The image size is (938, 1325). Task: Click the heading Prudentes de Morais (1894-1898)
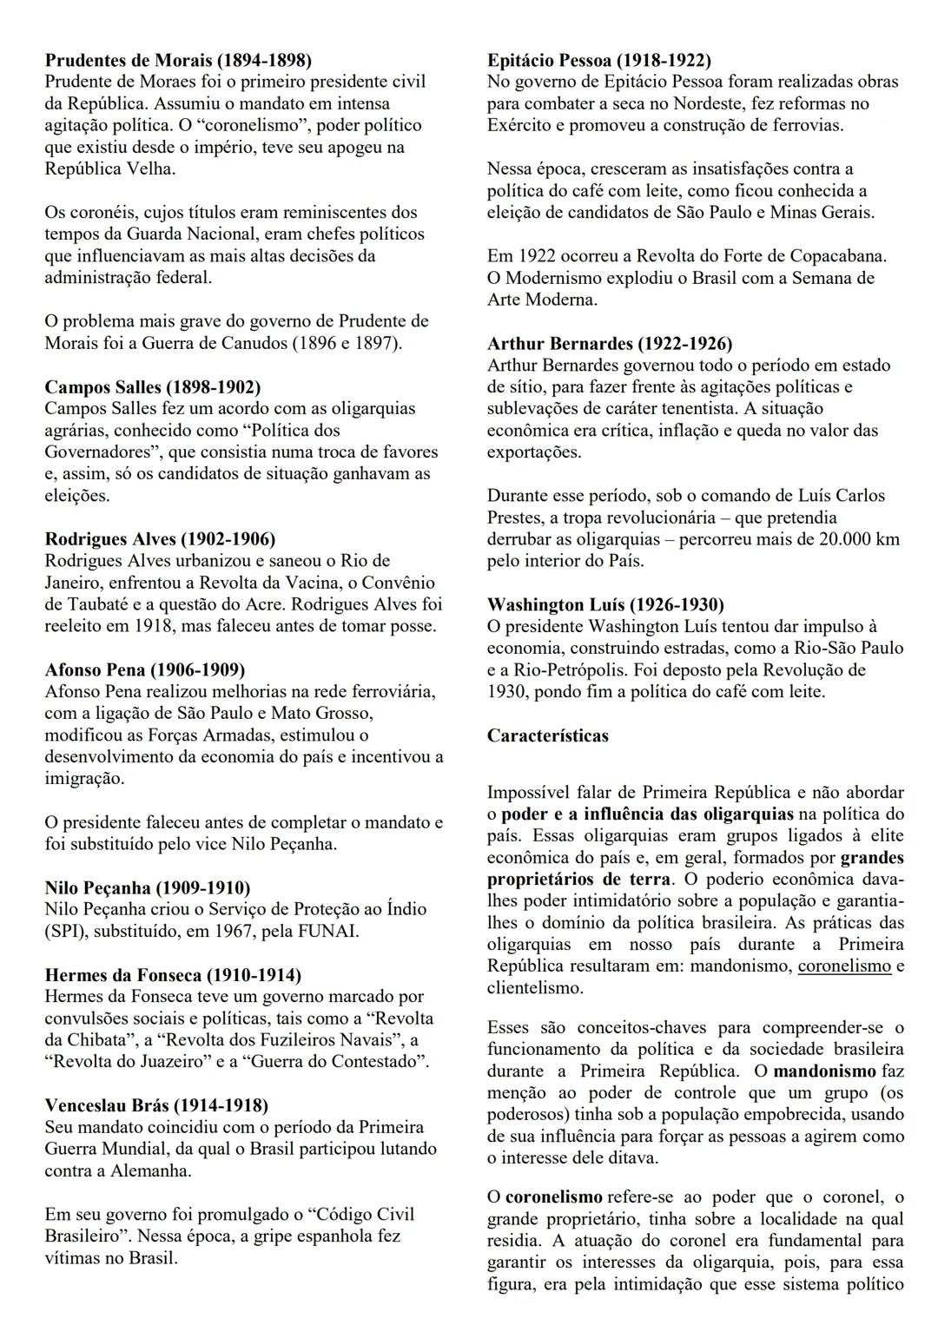(x=177, y=60)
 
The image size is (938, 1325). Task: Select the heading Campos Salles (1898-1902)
(x=152, y=386)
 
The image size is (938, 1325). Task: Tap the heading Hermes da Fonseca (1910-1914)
(x=173, y=975)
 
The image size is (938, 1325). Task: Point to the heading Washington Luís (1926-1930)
(x=605, y=604)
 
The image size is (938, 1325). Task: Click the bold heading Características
(x=547, y=735)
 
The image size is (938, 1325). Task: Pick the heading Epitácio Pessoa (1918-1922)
(x=598, y=60)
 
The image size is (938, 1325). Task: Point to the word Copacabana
(x=839, y=256)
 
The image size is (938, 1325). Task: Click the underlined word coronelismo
(x=844, y=966)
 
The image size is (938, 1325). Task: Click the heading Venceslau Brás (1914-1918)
(x=156, y=1105)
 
